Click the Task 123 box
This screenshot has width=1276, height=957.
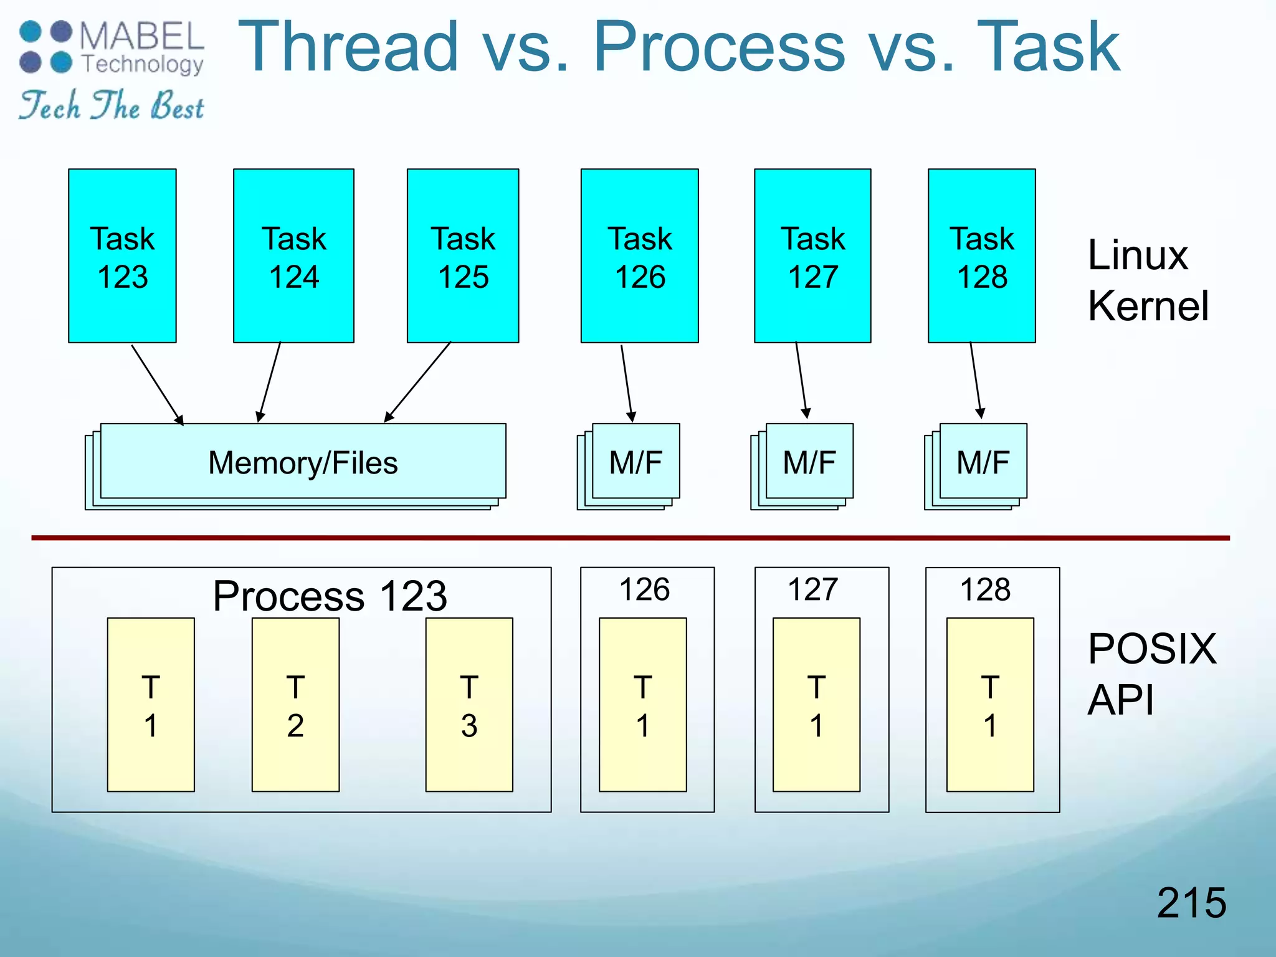122,255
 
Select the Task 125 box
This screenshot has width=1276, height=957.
463,255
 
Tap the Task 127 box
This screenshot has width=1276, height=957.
812,255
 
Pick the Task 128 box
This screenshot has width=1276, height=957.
982,255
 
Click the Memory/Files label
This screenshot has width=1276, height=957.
303,463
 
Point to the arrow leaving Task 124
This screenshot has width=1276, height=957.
270,382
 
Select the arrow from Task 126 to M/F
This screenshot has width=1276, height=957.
626,382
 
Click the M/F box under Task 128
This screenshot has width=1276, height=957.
983,462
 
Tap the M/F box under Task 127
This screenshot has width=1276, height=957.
809,462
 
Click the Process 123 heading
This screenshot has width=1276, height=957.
330,596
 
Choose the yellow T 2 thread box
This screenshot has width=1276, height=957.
295,705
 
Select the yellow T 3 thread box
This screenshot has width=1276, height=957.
469,705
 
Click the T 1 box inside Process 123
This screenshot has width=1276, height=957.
151,705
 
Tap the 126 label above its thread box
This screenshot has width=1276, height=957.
644,589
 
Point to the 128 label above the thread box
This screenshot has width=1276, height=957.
985,589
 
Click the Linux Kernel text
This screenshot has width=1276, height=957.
1148,280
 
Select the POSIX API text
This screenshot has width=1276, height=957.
1151,674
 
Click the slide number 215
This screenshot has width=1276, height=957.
1191,902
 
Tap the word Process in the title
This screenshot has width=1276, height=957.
718,46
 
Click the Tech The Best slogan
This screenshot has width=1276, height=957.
111,105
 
